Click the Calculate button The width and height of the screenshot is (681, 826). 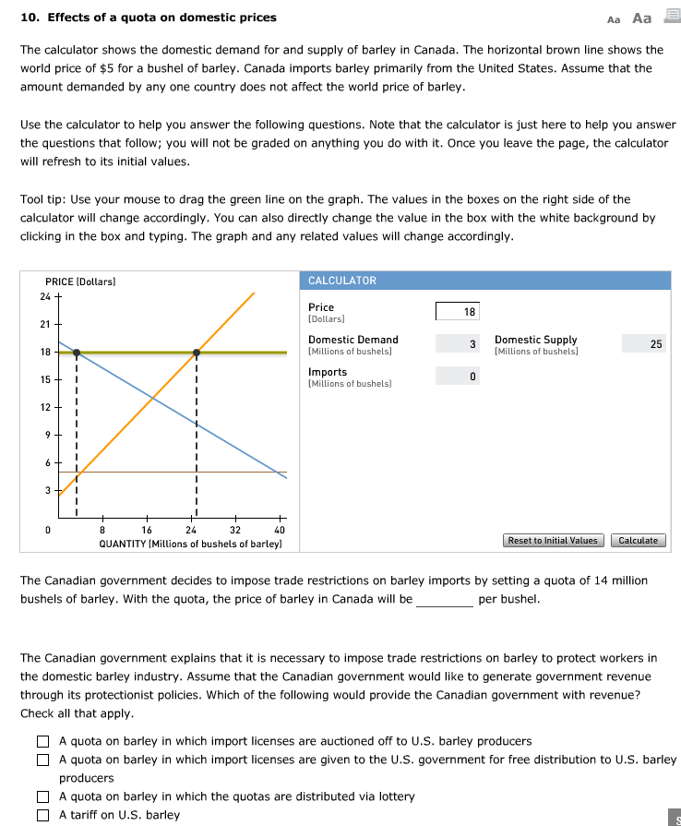638,540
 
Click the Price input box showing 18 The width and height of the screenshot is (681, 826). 458,313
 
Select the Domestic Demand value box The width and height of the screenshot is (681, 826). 458,344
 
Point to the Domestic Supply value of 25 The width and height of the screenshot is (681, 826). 644,344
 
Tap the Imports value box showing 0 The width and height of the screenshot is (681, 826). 458,377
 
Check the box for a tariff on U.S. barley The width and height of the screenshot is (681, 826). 42,815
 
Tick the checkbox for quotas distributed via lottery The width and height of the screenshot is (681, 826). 42,796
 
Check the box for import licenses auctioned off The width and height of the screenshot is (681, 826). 42,741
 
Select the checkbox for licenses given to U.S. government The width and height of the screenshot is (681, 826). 42,760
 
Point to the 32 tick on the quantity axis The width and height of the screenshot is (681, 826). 235,531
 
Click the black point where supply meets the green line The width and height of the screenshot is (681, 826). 196,352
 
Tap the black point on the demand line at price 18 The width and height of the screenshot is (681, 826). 77,352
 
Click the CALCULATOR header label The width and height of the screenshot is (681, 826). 342,281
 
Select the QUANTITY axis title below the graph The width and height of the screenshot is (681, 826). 190,545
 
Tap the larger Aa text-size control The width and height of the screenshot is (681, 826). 641,18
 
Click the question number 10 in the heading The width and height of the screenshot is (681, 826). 28,18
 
